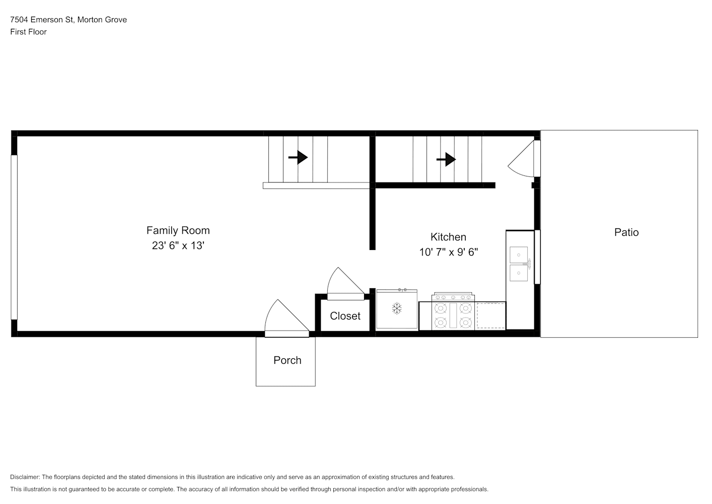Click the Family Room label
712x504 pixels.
coord(178,230)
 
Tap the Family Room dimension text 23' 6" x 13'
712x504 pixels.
coord(178,245)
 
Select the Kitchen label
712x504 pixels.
coord(448,237)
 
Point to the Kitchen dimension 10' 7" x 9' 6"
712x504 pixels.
coord(449,253)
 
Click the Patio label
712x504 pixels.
coord(626,232)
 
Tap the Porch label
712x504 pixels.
coord(288,360)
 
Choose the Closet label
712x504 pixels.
coord(345,316)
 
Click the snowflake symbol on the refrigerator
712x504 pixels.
coord(397,308)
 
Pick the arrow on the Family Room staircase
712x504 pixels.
coord(298,157)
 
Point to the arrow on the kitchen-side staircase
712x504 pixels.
coord(446,159)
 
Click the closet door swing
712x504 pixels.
coord(346,284)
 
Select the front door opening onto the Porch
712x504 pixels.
coord(287,318)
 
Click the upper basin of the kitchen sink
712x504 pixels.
coord(519,255)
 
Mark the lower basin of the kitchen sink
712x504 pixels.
coord(519,273)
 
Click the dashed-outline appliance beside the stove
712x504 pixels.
coord(491,316)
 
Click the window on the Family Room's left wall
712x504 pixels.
coord(14,237)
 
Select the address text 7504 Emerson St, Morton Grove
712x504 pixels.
coord(68,20)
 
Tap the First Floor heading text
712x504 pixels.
coord(28,32)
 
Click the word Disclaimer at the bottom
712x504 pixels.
coord(25,477)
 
